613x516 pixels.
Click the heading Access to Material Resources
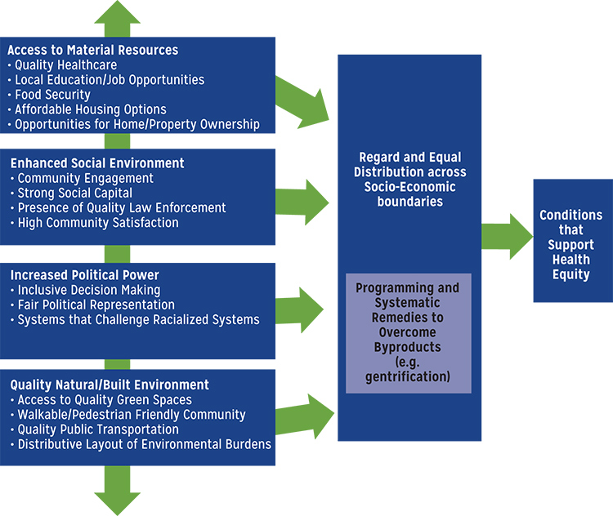(x=92, y=51)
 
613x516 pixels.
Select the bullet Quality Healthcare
(x=65, y=65)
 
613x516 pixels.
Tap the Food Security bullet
(x=52, y=95)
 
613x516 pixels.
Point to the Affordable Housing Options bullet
(x=90, y=109)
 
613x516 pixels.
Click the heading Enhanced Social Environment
(x=96, y=163)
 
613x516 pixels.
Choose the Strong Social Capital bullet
(x=74, y=193)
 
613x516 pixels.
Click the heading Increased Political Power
(x=83, y=275)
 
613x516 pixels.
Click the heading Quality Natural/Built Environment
(x=108, y=385)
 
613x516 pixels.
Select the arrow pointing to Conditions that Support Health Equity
(x=507, y=236)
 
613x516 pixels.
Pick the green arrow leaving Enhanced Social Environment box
(x=302, y=201)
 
